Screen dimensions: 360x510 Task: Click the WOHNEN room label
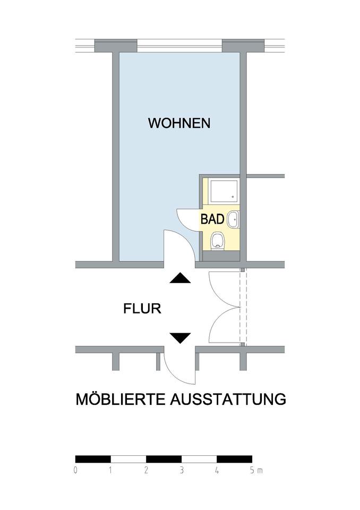(x=179, y=123)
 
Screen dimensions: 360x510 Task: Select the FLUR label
(x=142, y=309)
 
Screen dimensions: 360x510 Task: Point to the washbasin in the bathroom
(x=233, y=218)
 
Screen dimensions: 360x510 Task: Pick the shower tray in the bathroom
(x=221, y=190)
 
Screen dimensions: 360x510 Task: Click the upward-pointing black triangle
(x=179, y=278)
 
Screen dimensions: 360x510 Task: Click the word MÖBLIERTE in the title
(x=121, y=399)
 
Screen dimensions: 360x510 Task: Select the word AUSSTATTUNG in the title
(x=228, y=399)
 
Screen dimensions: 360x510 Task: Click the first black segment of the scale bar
(x=93, y=459)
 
